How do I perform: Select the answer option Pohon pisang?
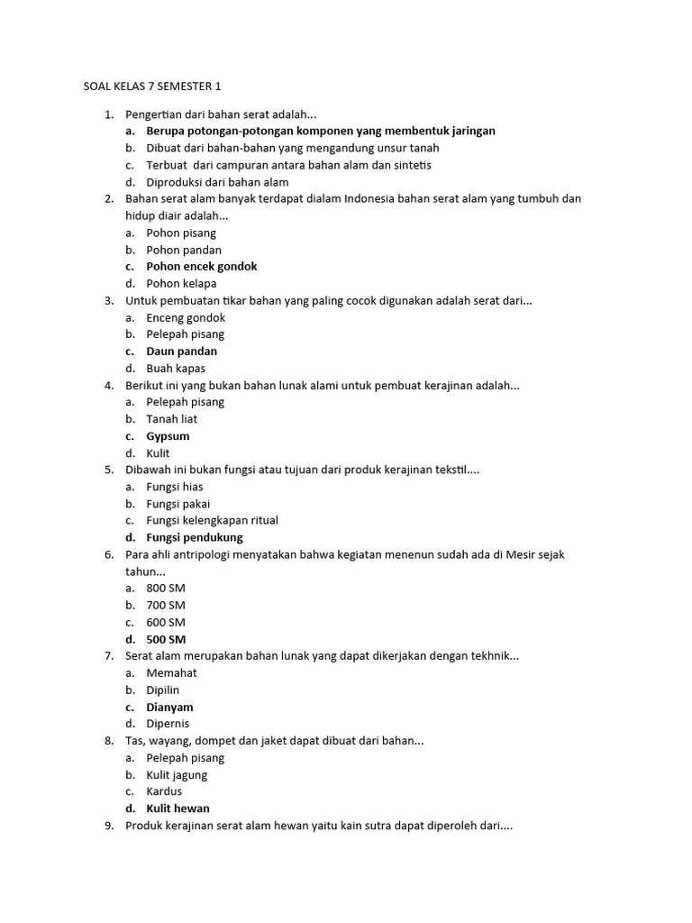tap(181, 233)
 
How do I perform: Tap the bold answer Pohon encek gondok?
tap(202, 267)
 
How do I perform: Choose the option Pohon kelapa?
tap(181, 283)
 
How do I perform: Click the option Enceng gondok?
tap(186, 317)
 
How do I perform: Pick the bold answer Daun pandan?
tap(181, 352)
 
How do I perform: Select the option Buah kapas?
tap(176, 368)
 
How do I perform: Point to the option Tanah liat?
tap(172, 419)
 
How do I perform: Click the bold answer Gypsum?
tap(168, 436)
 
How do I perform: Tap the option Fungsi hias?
tap(175, 487)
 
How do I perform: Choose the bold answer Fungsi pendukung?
tap(195, 537)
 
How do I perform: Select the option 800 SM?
tap(166, 588)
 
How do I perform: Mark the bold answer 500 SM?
tap(166, 639)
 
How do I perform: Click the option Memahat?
tap(171, 672)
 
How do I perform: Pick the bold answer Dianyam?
tap(169, 708)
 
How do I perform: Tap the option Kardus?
tap(164, 791)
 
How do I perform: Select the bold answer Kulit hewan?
tap(178, 809)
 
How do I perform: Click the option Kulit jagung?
tap(177, 774)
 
